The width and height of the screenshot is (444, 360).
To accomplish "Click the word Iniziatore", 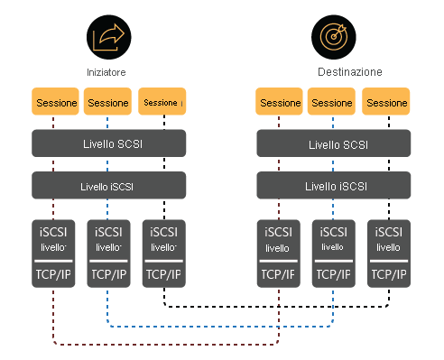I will tap(108, 71).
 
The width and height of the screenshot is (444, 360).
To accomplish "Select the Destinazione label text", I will tap(350, 71).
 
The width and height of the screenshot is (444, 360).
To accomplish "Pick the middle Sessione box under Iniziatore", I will tap(108, 102).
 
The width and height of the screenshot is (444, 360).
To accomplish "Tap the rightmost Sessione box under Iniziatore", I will tap(162, 102).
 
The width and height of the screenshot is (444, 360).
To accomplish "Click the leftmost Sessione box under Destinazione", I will tap(280, 102).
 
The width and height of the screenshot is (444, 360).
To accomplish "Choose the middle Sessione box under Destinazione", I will tap(333, 102).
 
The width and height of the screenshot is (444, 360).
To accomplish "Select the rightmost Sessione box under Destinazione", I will tap(387, 102).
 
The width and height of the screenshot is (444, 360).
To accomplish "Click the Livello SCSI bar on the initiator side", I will tap(108, 144).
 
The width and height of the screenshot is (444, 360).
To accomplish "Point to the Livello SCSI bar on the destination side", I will tap(333, 144).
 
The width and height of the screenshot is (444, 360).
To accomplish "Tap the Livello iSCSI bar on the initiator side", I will tap(108, 186).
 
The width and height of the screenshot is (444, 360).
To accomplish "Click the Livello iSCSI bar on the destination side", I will tap(333, 186).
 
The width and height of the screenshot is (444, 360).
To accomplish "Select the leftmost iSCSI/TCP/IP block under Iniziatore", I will tap(54, 253).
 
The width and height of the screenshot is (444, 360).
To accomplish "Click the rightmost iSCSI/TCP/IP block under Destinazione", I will tap(389, 253).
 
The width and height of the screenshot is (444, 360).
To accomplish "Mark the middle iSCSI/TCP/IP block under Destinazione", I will tap(333, 253).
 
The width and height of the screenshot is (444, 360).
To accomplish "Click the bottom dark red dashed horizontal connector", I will tap(162, 344).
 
